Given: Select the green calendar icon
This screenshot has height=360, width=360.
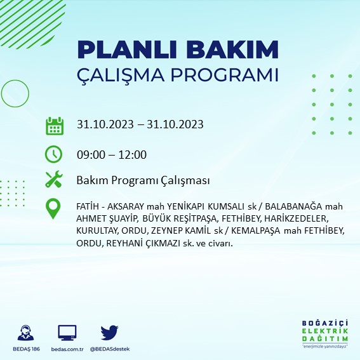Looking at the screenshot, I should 54,125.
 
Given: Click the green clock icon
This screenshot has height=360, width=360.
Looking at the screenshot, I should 54,154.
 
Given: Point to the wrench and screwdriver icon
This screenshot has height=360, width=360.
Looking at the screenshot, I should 54,180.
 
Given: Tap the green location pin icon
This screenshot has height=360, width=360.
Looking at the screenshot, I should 54,208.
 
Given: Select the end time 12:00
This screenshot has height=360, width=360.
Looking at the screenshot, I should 133,155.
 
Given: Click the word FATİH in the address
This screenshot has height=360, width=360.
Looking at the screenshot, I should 87,206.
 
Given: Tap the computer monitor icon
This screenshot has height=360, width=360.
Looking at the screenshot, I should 67,332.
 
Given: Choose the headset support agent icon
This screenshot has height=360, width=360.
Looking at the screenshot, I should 27,332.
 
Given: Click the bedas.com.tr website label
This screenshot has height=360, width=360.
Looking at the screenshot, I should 67,349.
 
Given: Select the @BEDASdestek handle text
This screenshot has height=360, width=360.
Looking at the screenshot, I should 110,349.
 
